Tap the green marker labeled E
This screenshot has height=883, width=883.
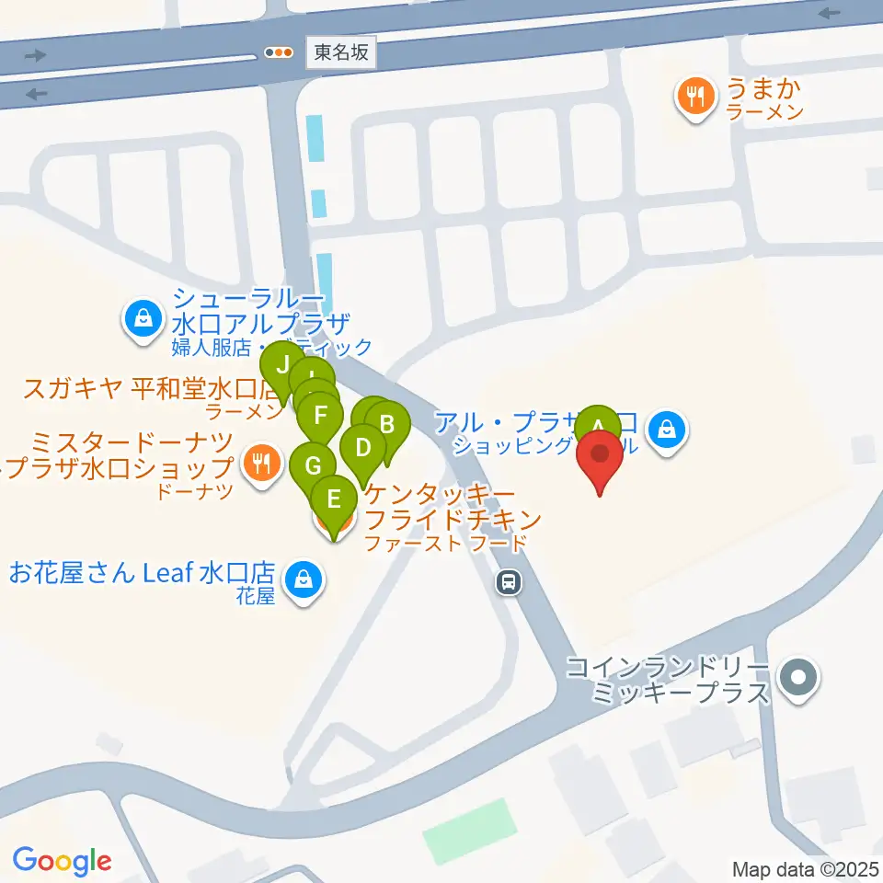point(334,501)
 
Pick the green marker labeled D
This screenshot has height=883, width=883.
point(363,450)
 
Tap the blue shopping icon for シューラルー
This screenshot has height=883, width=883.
point(143,321)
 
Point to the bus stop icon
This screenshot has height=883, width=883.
point(506,581)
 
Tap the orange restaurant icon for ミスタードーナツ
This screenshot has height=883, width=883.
point(263,463)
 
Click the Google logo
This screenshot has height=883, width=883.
point(62,860)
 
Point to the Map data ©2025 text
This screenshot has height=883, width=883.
point(806,868)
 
